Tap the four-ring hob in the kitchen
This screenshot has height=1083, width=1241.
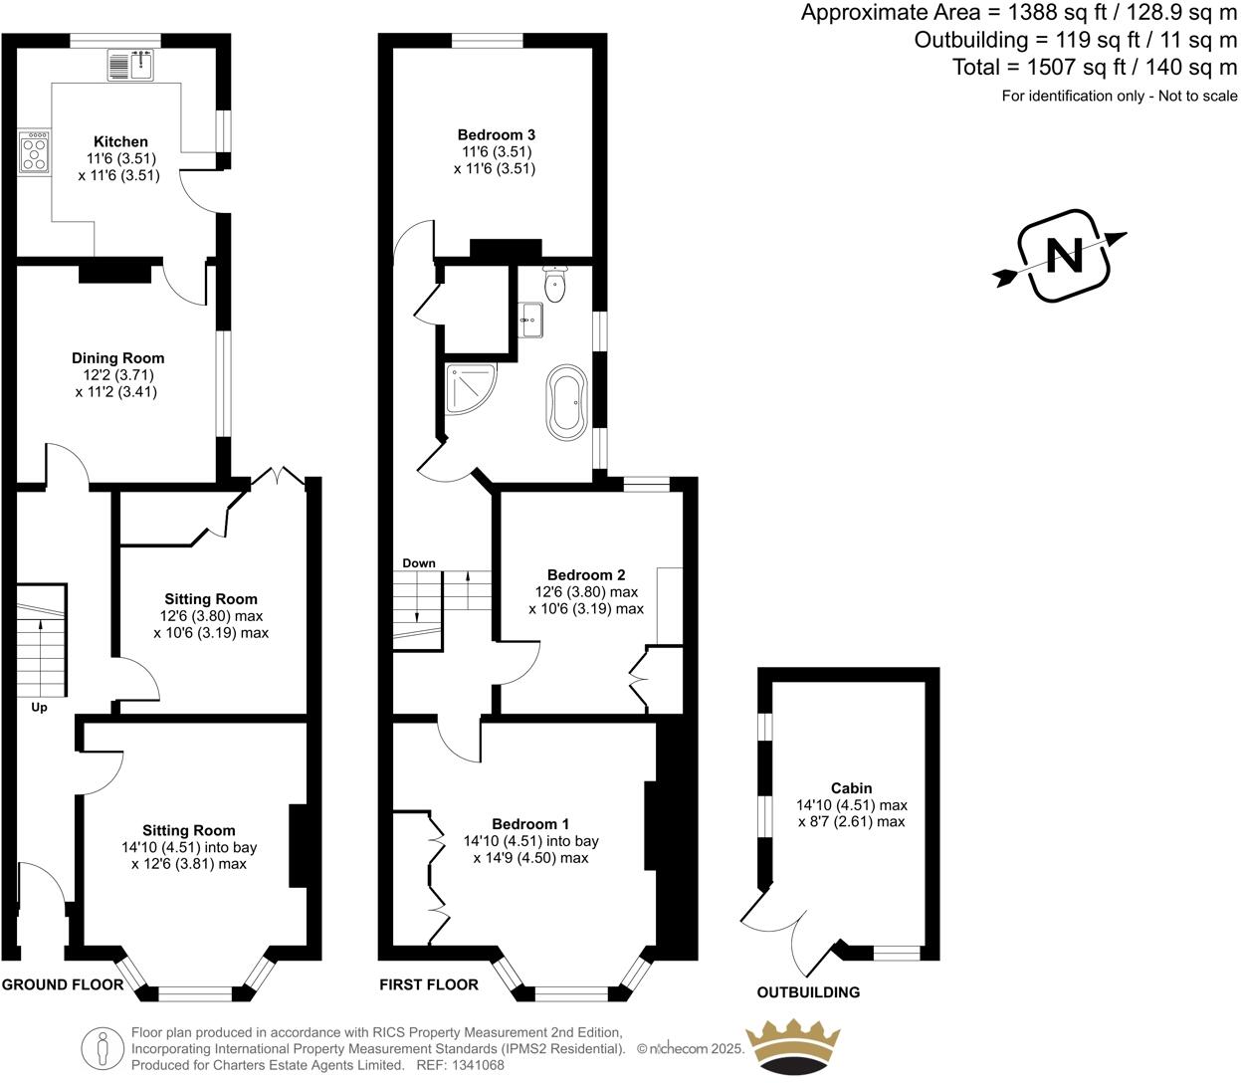(x=33, y=152)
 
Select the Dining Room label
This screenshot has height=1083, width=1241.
(x=117, y=358)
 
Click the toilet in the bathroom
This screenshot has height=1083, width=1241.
(x=554, y=286)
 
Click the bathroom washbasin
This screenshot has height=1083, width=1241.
(x=529, y=321)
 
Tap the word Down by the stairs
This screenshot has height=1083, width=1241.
(x=419, y=563)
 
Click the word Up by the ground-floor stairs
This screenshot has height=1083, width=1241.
(x=40, y=708)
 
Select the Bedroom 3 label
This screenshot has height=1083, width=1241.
(x=497, y=134)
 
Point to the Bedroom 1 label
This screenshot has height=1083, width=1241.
(x=530, y=824)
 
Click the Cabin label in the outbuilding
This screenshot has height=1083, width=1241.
(x=851, y=788)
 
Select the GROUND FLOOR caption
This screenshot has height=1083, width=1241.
(x=63, y=985)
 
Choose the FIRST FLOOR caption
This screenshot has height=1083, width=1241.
(x=429, y=985)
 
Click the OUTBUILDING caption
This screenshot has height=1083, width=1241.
(x=808, y=992)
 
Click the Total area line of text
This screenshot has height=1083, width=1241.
(x=1095, y=67)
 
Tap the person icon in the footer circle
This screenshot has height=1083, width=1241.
(x=103, y=1047)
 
